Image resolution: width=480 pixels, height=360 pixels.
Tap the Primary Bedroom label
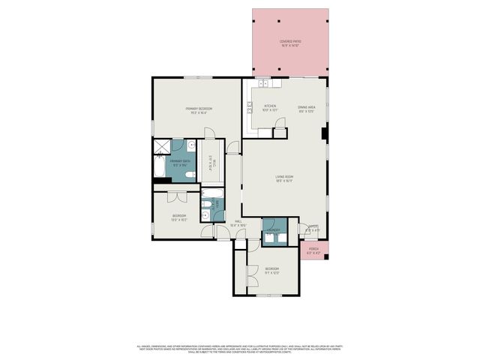point(199,109)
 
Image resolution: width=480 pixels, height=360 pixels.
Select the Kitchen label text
point(270,106)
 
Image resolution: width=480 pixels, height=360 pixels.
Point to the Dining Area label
point(306,106)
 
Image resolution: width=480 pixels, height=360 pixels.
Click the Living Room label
point(283,176)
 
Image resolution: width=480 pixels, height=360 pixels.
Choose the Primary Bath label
point(179,161)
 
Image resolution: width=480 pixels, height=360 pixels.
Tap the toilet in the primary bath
point(190,175)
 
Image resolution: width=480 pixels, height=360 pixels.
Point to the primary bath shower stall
point(162,145)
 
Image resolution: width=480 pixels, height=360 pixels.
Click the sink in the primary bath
point(192,145)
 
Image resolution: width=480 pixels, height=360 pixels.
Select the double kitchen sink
point(264,80)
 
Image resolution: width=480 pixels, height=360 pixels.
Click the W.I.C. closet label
point(214,160)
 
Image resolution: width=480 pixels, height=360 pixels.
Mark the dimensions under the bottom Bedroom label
point(271,272)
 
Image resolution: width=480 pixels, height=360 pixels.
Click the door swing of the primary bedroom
point(211,133)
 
